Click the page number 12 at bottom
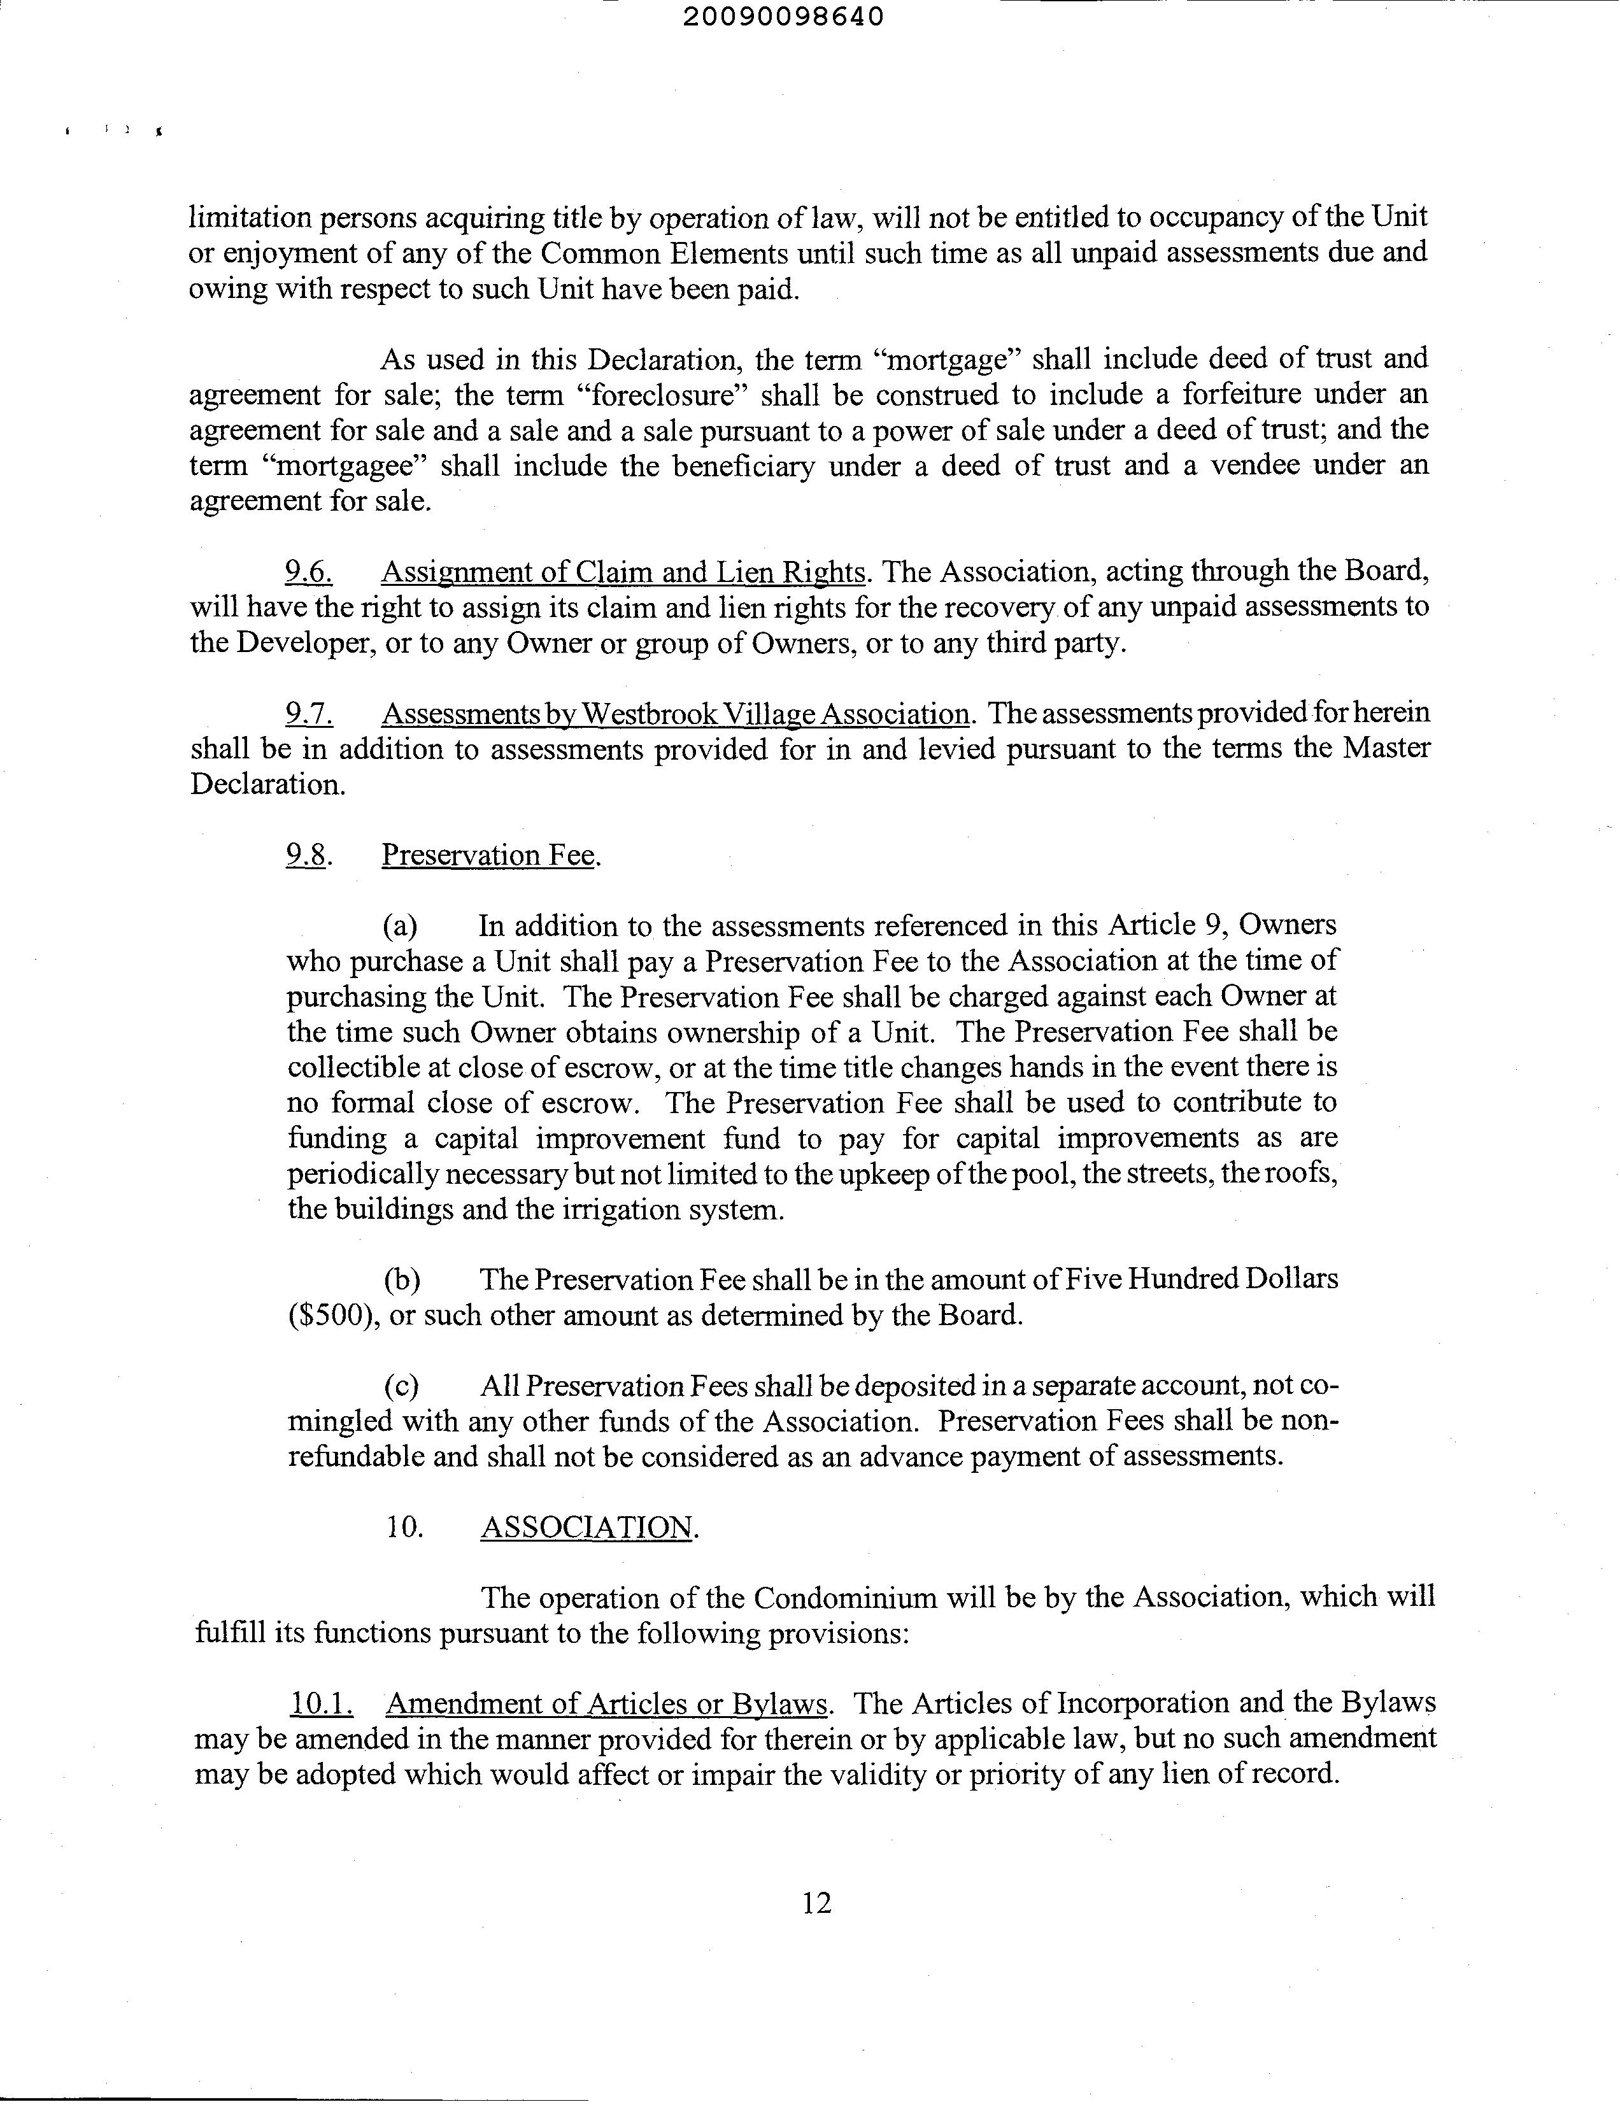click(x=816, y=1903)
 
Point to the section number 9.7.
click(x=309, y=714)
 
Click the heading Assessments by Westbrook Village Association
click(x=675, y=714)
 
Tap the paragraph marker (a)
click(x=400, y=927)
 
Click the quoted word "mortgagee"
click(x=345, y=465)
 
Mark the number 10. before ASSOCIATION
click(x=405, y=1528)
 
